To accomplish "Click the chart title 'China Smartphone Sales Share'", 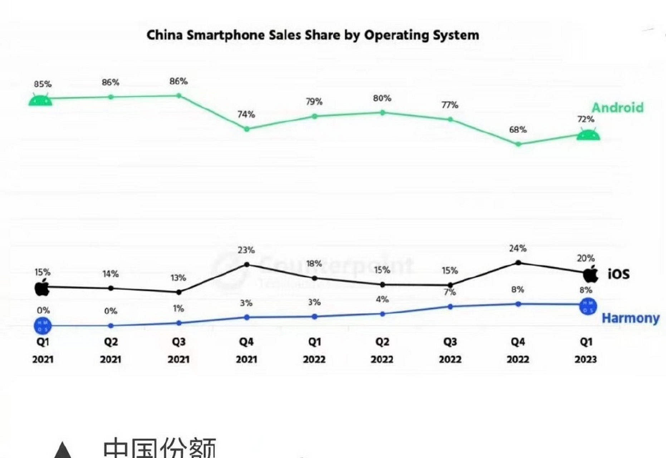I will pos(313,35).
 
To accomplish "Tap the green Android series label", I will pos(617,107).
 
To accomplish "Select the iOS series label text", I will pos(618,274).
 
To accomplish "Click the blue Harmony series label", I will pos(630,318).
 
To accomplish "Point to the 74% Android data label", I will pos(246,114).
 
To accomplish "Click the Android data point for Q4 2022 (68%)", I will pos(518,144).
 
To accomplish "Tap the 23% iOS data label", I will pos(246,250).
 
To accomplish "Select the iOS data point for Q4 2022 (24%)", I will pos(518,263).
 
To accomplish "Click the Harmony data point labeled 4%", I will pos(382,314).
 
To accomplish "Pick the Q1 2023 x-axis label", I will pos(586,350).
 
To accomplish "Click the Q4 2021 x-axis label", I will pos(246,350).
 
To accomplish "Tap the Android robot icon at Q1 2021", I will pos(40,100).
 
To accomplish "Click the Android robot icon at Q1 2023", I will pos(588,135).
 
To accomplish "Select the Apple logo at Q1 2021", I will pos(42,287).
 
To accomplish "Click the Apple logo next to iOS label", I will pos(591,274).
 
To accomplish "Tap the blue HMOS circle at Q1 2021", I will pos(43,326).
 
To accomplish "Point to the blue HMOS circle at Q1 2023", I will pos(588,306).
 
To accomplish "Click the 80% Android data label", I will pos(382,98).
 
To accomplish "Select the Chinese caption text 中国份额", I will pos(160,447).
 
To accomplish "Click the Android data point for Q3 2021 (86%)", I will pos(179,96).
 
